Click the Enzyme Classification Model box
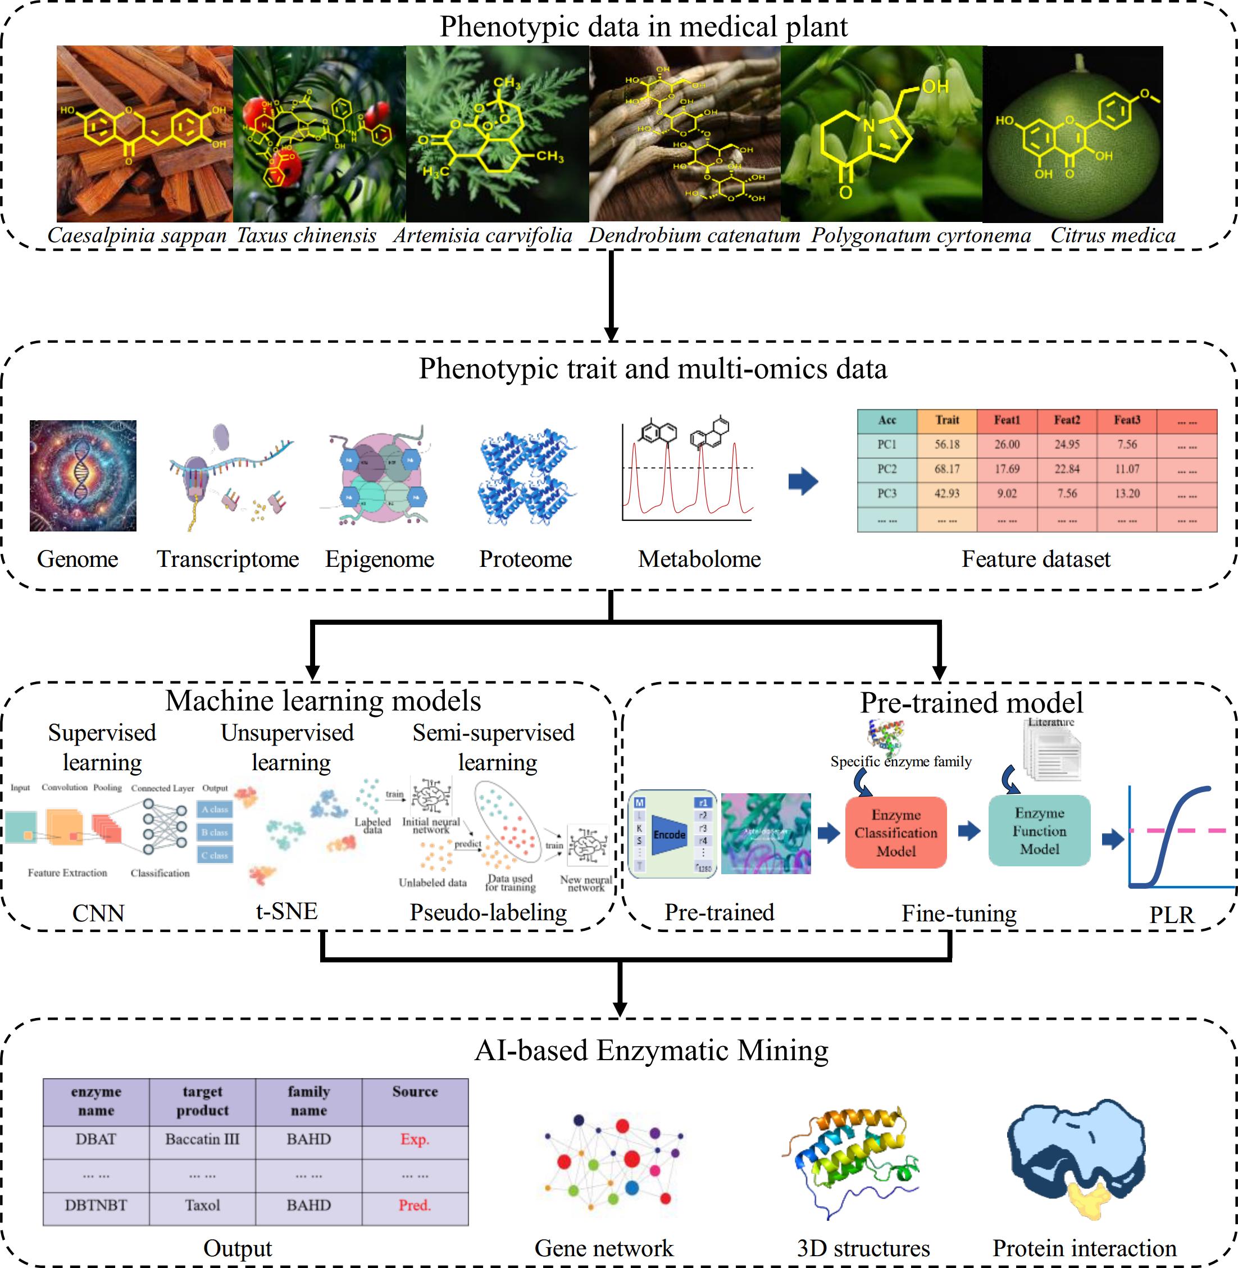895,833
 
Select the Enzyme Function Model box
1039,830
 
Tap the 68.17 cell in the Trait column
946,470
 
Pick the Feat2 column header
1066,420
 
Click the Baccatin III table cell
202,1139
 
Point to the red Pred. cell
415,1205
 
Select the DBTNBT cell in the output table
95,1205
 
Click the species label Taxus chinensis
306,235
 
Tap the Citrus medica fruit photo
1073,134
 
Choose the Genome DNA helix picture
83,475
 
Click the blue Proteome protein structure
526,475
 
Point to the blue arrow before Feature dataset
803,481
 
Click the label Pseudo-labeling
488,912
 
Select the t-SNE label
286,911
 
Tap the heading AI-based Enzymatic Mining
652,1050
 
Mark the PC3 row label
887,493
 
